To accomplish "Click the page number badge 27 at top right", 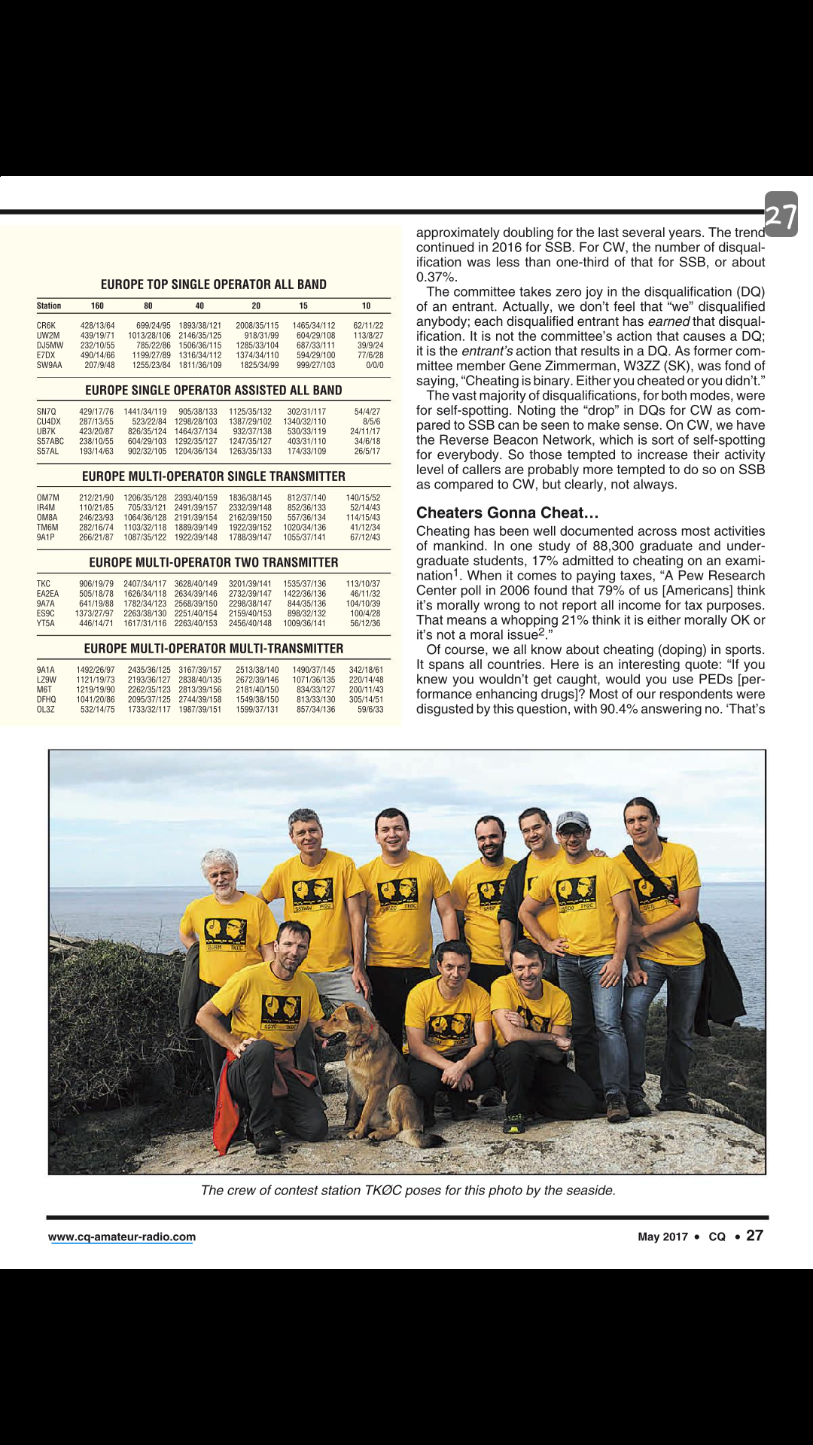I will click(781, 215).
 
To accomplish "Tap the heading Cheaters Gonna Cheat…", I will click(507, 513).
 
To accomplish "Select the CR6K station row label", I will click(46, 326).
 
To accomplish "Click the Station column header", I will click(49, 306).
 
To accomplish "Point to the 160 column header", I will click(97, 306).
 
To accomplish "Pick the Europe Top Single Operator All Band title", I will click(214, 284).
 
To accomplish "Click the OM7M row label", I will click(47, 498).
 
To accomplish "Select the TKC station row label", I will click(44, 584).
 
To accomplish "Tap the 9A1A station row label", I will click(46, 670).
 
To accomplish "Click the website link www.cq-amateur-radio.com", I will click(122, 1237).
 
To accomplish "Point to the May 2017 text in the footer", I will click(662, 1237).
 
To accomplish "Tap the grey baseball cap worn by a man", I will click(573, 820).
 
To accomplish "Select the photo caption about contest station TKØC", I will click(408, 1191).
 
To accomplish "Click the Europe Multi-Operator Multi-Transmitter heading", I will click(214, 649).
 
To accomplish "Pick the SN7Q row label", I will click(47, 412).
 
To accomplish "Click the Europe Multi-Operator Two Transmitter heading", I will click(214, 563).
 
